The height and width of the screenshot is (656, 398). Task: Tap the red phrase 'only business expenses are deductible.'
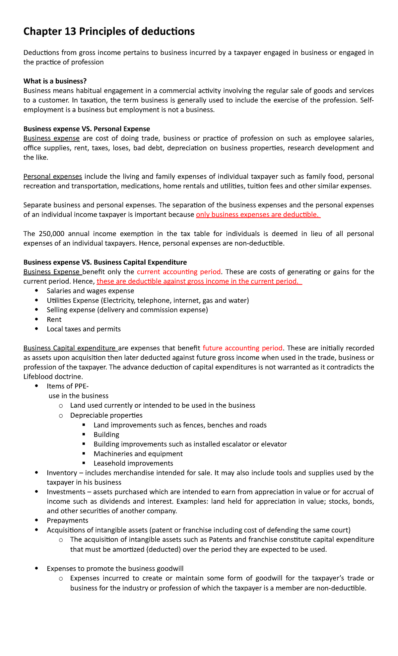pyautogui.click(x=258, y=215)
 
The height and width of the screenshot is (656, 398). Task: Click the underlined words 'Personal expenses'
pyautogui.click(x=53, y=176)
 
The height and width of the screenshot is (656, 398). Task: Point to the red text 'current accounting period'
pyautogui.click(x=179, y=272)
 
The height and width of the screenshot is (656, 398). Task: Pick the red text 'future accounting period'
pyautogui.click(x=242, y=348)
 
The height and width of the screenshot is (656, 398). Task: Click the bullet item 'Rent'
pyautogui.click(x=54, y=320)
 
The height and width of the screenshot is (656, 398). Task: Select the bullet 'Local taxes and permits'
pyautogui.click(x=84, y=329)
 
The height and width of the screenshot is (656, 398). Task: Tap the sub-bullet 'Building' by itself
pyautogui.click(x=106, y=435)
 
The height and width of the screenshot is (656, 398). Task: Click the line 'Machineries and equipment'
pyautogui.click(x=138, y=454)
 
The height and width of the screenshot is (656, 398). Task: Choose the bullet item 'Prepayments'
pyautogui.click(x=67, y=521)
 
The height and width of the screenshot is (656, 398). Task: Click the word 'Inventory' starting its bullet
pyautogui.click(x=61, y=473)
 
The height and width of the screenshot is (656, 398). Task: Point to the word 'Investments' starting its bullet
pyautogui.click(x=66, y=492)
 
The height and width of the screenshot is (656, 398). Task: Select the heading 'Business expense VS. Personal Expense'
pyautogui.click(x=87, y=129)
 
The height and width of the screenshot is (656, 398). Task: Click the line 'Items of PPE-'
pyautogui.click(x=68, y=386)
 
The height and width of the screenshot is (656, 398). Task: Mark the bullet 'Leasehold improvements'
pyautogui.click(x=133, y=463)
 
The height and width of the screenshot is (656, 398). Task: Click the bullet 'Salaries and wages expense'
pyautogui.click(x=90, y=291)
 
